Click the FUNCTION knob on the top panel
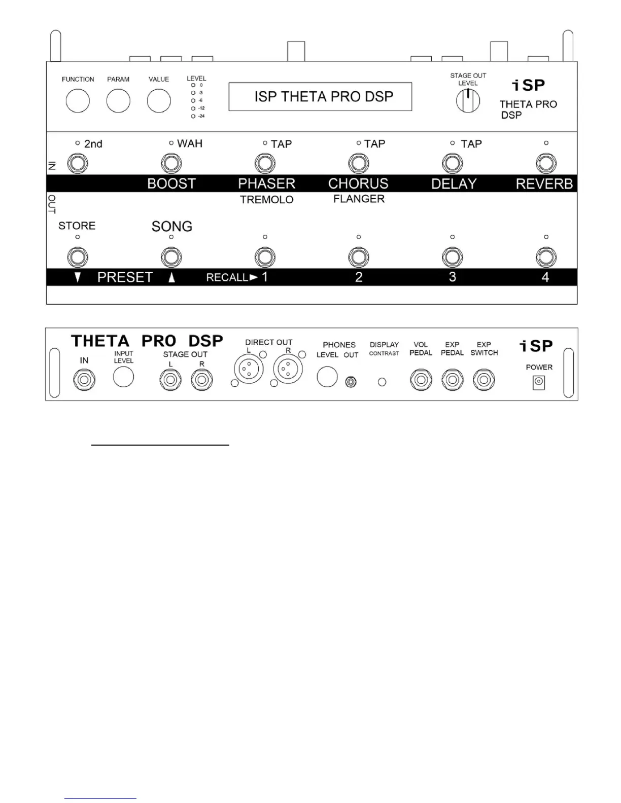click(78, 101)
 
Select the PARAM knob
click(118, 101)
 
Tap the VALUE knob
click(159, 101)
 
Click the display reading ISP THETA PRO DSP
click(320, 96)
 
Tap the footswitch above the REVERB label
click(546, 164)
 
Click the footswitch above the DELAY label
click(453, 164)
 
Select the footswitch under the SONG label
click(171, 258)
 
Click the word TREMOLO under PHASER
click(267, 200)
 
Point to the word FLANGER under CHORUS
click(359, 199)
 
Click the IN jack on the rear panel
click(84, 380)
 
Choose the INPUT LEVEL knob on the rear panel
click(123, 377)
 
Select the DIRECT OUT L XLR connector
click(249, 369)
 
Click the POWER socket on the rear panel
click(538, 383)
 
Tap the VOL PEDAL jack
click(421, 380)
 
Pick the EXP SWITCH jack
click(484, 380)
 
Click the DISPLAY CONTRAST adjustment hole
click(382, 382)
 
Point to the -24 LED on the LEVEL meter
click(193, 117)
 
